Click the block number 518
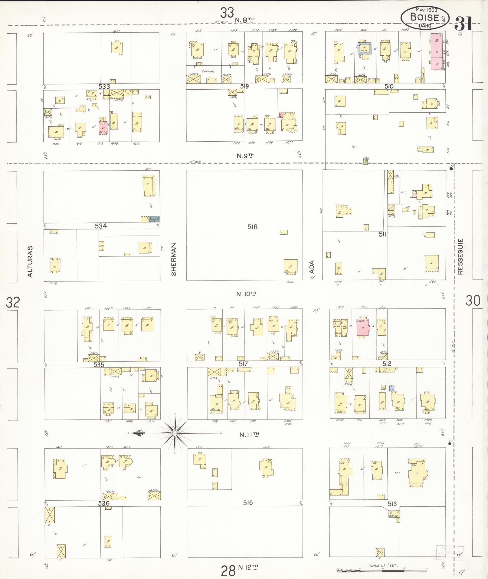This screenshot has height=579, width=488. pos(252,227)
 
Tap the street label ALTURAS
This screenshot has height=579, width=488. pos(30,262)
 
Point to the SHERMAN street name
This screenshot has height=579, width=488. pos(174,260)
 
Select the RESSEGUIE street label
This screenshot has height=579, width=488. pos(460,257)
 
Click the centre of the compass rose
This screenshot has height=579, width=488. pos(175,433)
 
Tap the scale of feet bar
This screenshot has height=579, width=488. pos(382,571)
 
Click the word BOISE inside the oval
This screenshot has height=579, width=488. pos(424,17)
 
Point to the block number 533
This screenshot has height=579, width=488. pos(104,87)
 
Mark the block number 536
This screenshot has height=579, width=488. pos(103,503)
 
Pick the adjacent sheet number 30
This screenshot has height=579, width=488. pos(473,301)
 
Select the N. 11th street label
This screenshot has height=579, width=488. pos(249,435)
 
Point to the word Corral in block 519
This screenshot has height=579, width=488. pos(209,72)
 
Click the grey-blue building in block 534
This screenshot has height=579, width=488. pos(154,219)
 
